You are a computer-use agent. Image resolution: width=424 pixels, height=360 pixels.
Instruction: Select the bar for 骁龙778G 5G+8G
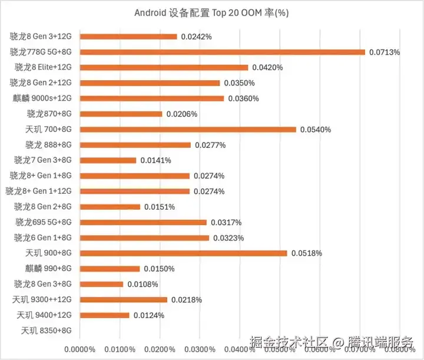pyautogui.click(x=222, y=52)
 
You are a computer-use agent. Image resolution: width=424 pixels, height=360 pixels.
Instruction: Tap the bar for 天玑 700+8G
pyautogui.click(x=188, y=129)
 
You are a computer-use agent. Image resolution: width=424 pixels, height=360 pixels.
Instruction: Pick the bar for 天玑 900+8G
pyautogui.click(x=183, y=253)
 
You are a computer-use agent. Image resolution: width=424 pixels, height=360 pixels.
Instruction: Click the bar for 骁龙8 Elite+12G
pyautogui.click(x=164, y=68)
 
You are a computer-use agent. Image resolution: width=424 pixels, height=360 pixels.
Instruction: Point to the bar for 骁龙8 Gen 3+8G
pyautogui.click(x=101, y=284)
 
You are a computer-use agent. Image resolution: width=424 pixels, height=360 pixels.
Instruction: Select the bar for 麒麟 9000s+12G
pyautogui.click(x=151, y=98)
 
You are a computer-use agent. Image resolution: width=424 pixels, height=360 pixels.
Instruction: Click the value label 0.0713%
pyautogui.click(x=385, y=52)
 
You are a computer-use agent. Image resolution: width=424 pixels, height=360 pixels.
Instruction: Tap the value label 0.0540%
pyautogui.click(x=316, y=129)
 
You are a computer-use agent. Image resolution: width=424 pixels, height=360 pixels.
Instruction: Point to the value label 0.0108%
pyautogui.click(x=143, y=284)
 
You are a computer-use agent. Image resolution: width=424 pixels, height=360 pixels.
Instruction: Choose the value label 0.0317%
pyautogui.click(x=226, y=222)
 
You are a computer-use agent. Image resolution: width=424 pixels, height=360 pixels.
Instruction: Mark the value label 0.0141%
pyautogui.click(x=155, y=160)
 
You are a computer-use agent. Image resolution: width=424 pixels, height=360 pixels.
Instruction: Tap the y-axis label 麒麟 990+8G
pyautogui.click(x=48, y=269)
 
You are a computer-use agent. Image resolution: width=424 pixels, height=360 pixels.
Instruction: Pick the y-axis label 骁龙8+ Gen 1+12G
pyautogui.click(x=38, y=191)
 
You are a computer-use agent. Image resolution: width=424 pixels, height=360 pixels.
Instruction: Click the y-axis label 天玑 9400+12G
pyautogui.click(x=44, y=315)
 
